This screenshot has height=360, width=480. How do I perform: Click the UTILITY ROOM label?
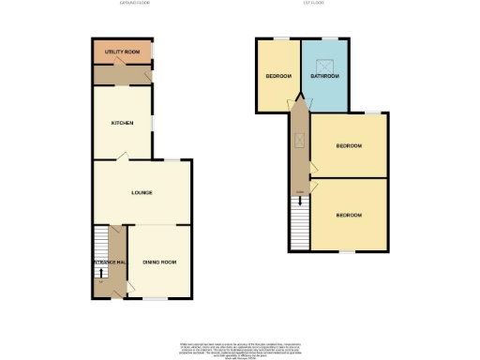point(122,51)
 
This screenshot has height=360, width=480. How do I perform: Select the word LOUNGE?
point(142,193)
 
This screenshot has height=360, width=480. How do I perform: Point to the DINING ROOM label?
point(159,262)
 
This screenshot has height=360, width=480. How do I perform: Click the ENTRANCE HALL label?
point(110,262)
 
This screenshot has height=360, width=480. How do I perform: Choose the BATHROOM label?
point(325,76)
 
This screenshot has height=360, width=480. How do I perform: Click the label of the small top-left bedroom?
point(278,76)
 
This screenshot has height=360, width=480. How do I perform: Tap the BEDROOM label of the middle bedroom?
point(350,146)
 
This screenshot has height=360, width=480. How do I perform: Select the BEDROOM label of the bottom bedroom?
point(350,215)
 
